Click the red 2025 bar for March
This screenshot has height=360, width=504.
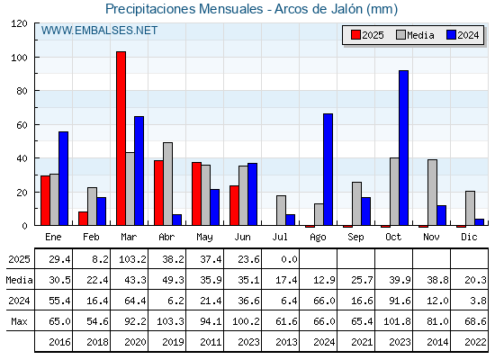click(121, 139)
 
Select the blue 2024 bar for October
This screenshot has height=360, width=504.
click(404, 148)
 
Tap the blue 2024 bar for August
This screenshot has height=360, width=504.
click(328, 169)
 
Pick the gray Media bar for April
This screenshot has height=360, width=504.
click(167, 184)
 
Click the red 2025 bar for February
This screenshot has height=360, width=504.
click(83, 219)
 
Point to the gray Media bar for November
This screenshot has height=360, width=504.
click(432, 193)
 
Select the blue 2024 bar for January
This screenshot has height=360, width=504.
click(63, 178)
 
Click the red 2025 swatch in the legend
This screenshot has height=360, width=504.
click(355, 35)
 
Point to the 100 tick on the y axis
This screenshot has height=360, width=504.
click(19, 58)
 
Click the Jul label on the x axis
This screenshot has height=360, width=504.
click(280, 237)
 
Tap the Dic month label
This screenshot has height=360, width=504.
click(469, 237)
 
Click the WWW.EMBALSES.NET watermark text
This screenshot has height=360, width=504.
click(99, 31)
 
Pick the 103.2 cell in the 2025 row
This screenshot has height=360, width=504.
click(132, 259)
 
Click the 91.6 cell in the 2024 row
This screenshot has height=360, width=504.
click(400, 301)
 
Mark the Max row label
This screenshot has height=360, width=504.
click(19, 321)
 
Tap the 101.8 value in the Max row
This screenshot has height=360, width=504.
click(397, 321)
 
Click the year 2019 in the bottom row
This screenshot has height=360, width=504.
click(173, 342)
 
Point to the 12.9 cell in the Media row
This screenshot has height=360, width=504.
click(324, 280)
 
